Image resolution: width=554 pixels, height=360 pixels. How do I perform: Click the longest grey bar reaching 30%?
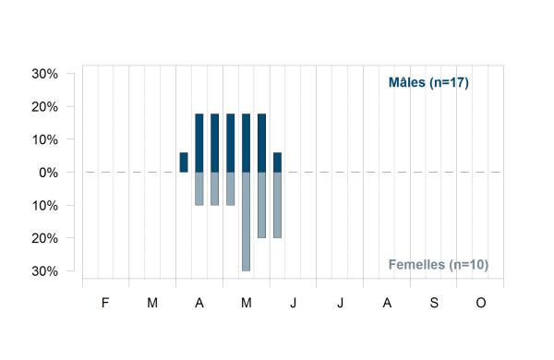246,222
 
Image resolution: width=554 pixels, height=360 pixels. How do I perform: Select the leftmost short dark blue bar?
184,162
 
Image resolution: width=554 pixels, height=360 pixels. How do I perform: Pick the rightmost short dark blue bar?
277,162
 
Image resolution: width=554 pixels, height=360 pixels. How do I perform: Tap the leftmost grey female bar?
199,188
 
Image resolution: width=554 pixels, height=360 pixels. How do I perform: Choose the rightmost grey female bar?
277,205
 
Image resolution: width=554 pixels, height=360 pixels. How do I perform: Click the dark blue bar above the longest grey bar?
246,143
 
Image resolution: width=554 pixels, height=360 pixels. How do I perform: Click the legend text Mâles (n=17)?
428,83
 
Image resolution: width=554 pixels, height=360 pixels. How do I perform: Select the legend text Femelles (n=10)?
439,265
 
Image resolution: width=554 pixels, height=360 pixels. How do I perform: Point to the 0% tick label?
48,173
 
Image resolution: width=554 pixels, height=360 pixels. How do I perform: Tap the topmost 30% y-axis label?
45,74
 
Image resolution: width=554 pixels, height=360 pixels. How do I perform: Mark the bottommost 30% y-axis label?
45,271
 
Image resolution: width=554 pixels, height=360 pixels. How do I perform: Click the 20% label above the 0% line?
45,107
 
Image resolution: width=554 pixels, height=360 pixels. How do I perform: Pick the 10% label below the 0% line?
45,206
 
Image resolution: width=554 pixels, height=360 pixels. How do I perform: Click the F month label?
105,303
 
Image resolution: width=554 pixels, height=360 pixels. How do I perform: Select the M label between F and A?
152,303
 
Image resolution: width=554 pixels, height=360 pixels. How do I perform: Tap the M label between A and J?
247,303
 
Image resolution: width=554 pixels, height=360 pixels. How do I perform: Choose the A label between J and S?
387,303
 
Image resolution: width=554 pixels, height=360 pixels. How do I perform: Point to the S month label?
434,303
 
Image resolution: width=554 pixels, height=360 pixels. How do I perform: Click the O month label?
481,303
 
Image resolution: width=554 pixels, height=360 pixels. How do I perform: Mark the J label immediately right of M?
294,303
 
